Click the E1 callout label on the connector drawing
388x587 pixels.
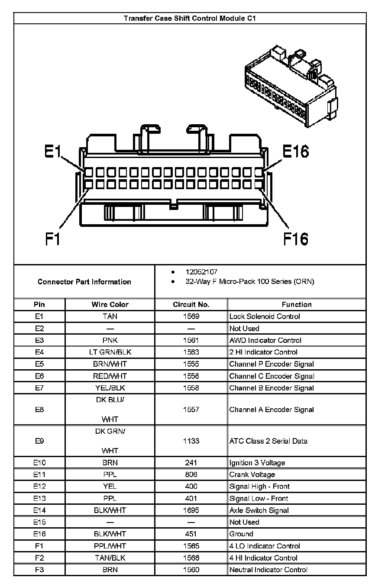(53, 152)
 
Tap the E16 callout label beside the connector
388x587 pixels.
(296, 152)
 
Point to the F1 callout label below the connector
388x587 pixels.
(53, 238)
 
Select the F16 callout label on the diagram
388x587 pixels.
(296, 238)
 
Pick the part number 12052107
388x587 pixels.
(201, 272)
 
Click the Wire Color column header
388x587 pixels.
(110, 304)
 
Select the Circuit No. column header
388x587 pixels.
(191, 304)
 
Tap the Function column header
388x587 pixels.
(297, 304)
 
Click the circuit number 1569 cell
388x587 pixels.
(191, 316)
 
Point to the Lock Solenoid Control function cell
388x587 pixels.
(265, 316)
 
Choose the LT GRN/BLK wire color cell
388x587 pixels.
(110, 352)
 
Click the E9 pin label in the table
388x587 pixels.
(39, 441)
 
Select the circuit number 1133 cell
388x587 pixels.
(191, 441)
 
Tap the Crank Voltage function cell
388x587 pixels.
(252, 475)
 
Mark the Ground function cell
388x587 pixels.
(241, 534)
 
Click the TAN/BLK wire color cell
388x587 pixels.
(110, 558)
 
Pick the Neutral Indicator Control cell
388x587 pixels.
(268, 570)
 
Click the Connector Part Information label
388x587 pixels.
(84, 282)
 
